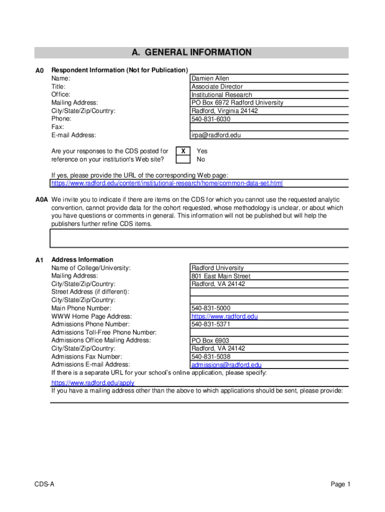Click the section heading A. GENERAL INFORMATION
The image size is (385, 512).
tap(191, 52)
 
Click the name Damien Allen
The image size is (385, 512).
tap(210, 78)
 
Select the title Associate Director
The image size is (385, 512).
tap(217, 86)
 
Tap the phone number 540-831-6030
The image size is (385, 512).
tap(211, 119)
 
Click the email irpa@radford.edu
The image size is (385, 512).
tap(215, 135)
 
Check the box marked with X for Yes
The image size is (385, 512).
tap(183, 151)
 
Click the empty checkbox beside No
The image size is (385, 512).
tap(183, 159)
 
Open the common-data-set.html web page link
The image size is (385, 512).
tap(167, 183)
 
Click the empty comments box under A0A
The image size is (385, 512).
tap(199, 238)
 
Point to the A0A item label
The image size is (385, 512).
tap(41, 199)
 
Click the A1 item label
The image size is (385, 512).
tap(40, 260)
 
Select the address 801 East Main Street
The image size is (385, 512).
tap(221, 276)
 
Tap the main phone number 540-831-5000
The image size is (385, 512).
tap(211, 308)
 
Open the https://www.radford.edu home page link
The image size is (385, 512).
tap(224, 316)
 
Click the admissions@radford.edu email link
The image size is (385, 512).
tap(226, 365)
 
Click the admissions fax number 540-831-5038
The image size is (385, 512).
tap(211, 357)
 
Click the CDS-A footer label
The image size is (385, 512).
tap(44, 484)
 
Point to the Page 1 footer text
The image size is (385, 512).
tap(340, 484)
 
